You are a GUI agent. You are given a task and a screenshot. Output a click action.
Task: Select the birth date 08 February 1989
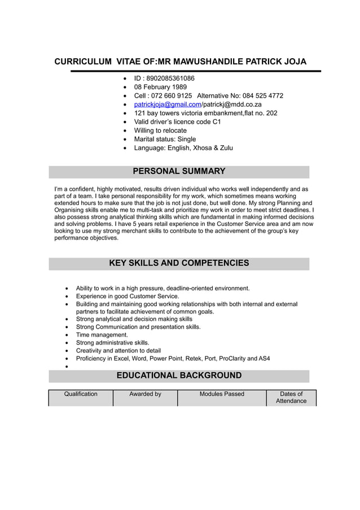[160, 87]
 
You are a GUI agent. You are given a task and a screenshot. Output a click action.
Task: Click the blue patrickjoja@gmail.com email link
[167, 104]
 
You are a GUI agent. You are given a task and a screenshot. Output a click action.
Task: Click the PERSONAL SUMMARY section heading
[179, 171]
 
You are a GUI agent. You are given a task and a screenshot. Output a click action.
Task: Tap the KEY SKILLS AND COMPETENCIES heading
[179, 263]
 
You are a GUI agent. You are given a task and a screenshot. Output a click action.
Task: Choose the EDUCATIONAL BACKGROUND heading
[179, 376]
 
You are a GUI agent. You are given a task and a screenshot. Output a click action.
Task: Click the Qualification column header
[81, 394]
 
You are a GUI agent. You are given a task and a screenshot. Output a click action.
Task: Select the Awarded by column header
[145, 394]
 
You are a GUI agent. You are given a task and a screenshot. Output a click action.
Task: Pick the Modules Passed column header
[222, 394]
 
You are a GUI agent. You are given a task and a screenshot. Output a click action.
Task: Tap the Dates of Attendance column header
[291, 398]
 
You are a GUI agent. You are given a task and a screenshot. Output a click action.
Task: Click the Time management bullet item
[102, 335]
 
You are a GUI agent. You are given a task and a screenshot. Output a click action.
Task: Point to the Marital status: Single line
[165, 139]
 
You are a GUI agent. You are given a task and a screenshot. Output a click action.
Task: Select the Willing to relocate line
[160, 130]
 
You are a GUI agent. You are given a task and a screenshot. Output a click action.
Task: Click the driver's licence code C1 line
[177, 121]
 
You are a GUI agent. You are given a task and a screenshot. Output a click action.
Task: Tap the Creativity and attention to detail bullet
[118, 351]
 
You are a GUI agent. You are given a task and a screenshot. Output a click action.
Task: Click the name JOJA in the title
[295, 62]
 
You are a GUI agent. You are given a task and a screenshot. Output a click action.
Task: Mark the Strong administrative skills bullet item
[112, 343]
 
